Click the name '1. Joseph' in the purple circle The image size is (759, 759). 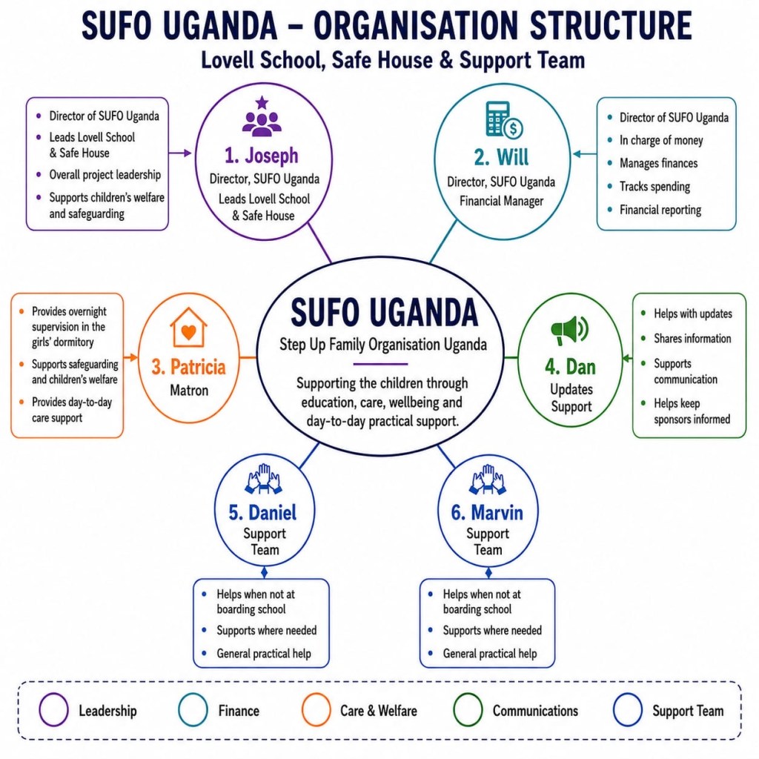(262, 156)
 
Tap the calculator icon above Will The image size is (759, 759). (504, 119)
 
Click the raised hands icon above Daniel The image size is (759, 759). (264, 479)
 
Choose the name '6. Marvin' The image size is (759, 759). (487, 513)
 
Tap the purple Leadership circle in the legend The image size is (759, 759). (53, 709)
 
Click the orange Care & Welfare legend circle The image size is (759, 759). (316, 709)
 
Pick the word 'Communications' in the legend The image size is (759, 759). (535, 711)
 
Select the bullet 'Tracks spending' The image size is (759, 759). (655, 186)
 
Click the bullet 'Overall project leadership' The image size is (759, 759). (105, 175)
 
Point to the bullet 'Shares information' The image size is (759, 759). (692, 338)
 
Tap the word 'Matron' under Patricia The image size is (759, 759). (189, 390)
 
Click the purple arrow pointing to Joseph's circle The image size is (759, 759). (180, 153)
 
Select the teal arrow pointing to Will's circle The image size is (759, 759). (585, 154)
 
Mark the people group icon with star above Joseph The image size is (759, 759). (262, 116)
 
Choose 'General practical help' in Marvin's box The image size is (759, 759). (490, 654)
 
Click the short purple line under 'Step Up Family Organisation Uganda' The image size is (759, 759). (380, 363)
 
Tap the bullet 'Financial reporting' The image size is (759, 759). (660, 210)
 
